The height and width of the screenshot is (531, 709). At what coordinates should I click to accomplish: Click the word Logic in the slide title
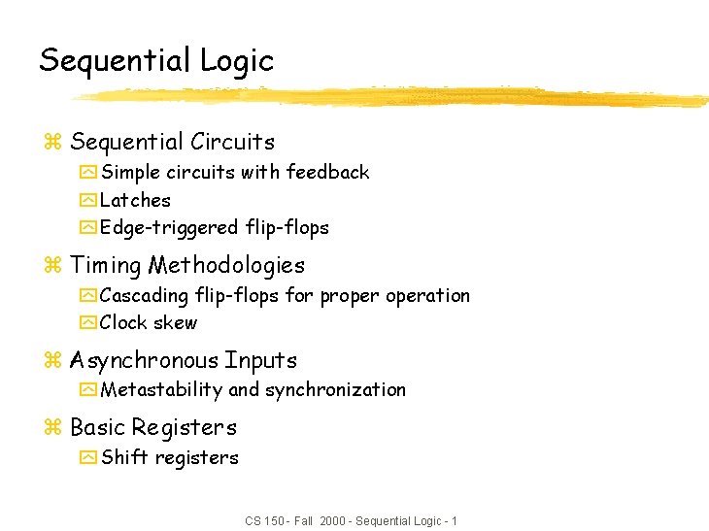(x=237, y=61)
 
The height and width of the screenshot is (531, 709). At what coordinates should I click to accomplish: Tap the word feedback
(x=326, y=172)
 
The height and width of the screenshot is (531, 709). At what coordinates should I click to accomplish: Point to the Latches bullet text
(x=135, y=200)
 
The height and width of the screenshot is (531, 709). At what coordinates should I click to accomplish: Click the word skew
(x=177, y=322)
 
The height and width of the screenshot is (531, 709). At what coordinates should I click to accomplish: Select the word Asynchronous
(x=144, y=360)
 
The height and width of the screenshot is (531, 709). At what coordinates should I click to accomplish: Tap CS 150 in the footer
(x=264, y=521)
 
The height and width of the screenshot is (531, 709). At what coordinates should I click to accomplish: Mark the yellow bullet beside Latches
(x=88, y=201)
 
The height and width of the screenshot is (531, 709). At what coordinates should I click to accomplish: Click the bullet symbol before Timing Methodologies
(x=52, y=266)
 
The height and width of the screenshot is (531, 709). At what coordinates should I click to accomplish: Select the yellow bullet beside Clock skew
(x=88, y=323)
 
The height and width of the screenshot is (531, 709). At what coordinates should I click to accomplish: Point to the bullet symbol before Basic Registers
(x=52, y=428)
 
